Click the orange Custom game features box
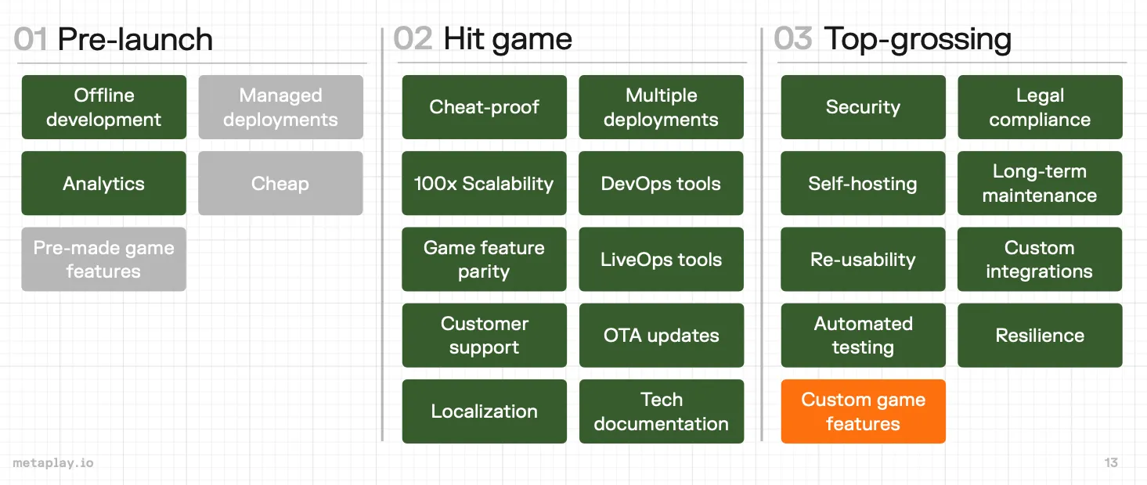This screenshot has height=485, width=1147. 863,411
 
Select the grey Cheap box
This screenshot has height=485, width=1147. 280,183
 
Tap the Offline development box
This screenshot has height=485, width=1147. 104,107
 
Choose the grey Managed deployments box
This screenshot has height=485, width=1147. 280,107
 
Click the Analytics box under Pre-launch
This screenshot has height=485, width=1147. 104,183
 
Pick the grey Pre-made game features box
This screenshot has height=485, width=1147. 104,259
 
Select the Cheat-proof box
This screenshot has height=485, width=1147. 484,107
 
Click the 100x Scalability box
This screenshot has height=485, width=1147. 484,183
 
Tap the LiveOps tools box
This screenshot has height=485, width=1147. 661,259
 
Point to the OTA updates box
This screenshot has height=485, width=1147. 661,335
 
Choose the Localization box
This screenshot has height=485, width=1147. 484,411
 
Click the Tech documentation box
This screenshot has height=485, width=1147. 661,411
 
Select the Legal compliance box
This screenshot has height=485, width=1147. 1040,107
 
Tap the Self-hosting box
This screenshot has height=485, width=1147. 863,183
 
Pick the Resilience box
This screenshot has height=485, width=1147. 1040,335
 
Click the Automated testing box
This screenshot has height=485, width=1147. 863,335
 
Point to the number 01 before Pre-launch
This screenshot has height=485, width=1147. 31,39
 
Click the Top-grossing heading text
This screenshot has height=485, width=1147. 918,39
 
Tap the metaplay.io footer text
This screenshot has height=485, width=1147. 53,463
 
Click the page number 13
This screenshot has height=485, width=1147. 1111,463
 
